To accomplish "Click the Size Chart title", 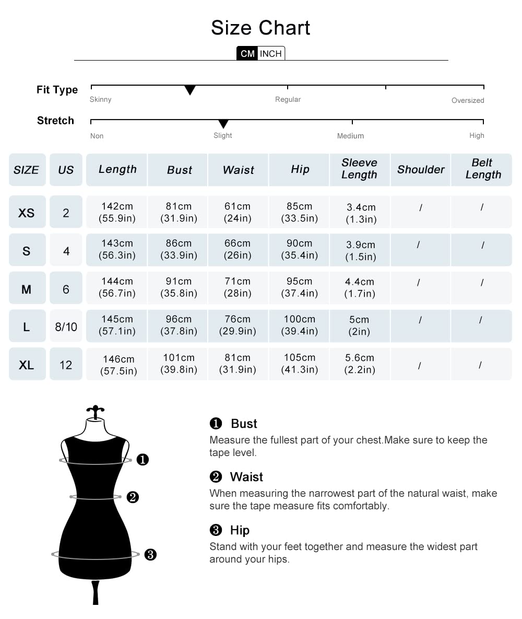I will tap(260, 28).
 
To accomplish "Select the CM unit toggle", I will tap(247, 54).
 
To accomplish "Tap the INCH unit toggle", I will tap(271, 54).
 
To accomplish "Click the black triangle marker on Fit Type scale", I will tap(190, 90).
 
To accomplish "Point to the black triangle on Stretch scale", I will tap(223, 124).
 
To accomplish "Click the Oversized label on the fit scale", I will tap(468, 100).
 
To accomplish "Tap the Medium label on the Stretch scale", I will tap(350, 136).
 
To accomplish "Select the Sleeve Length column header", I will tap(359, 169).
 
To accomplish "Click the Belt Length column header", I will tap(482, 169).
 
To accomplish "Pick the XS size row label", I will tap(27, 213).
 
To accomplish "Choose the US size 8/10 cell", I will tap(66, 327).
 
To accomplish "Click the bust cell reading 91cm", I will tap(179, 287).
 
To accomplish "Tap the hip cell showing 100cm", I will tap(300, 325).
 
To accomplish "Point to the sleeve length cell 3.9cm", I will tap(360, 251).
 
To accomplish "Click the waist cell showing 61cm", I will tap(238, 212).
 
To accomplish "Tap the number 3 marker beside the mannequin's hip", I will tap(150, 555).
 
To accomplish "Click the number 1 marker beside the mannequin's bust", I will tap(143, 460).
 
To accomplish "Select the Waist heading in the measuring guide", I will tap(246, 477).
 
